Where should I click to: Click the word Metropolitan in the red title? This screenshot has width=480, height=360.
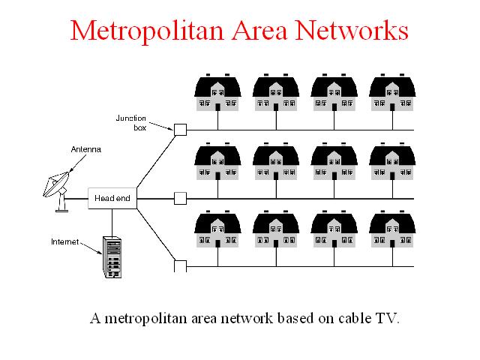pyautogui.click(x=147, y=31)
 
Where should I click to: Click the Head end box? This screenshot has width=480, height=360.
pyautogui.click(x=112, y=198)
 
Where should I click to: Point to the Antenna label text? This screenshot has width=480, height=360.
pyautogui.click(x=86, y=149)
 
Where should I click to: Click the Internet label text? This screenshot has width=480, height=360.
pyautogui.click(x=65, y=241)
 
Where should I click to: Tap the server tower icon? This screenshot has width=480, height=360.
pyautogui.click(x=112, y=257)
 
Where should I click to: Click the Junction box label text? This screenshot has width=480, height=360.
pyautogui.click(x=131, y=123)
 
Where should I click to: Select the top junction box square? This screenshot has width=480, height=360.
pyautogui.click(x=180, y=130)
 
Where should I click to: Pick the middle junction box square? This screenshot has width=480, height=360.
pyautogui.click(x=180, y=198)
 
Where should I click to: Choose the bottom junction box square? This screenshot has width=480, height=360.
pyautogui.click(x=180, y=266)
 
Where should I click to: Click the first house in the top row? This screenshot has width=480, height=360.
pyautogui.click(x=217, y=92)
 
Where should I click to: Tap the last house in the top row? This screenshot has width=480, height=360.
pyautogui.click(x=392, y=92)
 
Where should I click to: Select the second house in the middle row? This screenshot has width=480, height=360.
pyautogui.click(x=276, y=161)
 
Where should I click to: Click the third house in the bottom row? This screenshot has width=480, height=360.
pyautogui.click(x=334, y=229)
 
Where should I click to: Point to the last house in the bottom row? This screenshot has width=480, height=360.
pyautogui.click(x=392, y=229)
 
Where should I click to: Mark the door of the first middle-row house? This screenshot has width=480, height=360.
pyautogui.click(x=218, y=176)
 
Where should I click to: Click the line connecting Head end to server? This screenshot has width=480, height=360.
pyautogui.click(x=112, y=223)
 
